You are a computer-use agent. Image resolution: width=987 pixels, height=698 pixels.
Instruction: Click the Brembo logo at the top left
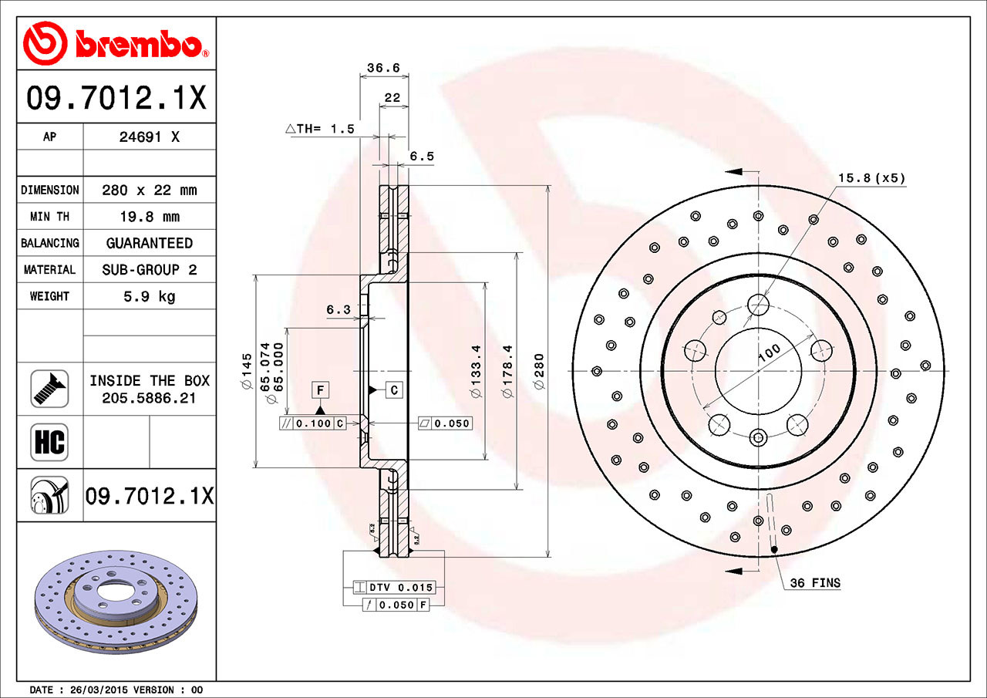click(x=116, y=42)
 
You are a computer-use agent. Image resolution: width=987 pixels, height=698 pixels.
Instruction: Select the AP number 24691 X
click(x=149, y=137)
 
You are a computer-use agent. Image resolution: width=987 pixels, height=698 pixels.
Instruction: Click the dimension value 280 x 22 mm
click(x=149, y=190)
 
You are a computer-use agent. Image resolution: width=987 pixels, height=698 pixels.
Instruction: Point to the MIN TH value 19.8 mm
click(x=149, y=217)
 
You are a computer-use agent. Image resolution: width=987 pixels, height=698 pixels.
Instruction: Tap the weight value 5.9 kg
click(x=149, y=296)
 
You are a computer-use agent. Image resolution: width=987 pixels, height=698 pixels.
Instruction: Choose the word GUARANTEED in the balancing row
click(x=149, y=243)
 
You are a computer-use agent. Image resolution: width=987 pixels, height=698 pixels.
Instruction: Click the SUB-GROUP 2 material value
click(x=149, y=270)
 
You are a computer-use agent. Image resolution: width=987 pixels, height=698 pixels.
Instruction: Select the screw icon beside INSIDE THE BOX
click(x=49, y=389)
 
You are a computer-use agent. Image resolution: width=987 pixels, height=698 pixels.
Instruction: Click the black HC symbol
click(x=49, y=442)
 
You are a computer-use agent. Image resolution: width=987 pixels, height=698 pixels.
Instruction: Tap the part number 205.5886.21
click(x=149, y=398)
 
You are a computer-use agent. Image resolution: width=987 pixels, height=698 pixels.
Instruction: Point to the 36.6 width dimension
click(x=382, y=68)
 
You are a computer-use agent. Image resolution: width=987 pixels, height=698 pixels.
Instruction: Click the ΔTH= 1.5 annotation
click(x=320, y=129)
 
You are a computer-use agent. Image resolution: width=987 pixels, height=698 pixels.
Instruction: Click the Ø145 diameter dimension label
click(x=247, y=370)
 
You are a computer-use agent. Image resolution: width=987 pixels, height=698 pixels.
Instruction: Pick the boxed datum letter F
click(x=320, y=390)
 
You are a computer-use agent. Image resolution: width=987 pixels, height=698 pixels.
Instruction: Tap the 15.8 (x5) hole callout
click(x=871, y=178)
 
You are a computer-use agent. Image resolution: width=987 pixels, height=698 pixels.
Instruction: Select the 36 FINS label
click(x=815, y=583)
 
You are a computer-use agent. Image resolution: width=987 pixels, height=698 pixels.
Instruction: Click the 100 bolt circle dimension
click(x=769, y=353)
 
